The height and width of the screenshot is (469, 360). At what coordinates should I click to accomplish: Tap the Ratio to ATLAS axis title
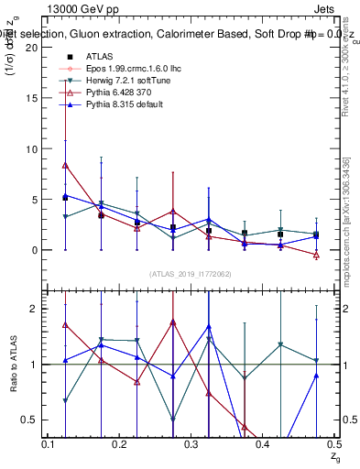click(12, 365)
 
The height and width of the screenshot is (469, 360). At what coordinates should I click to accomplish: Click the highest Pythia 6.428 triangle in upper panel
click(65, 166)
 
